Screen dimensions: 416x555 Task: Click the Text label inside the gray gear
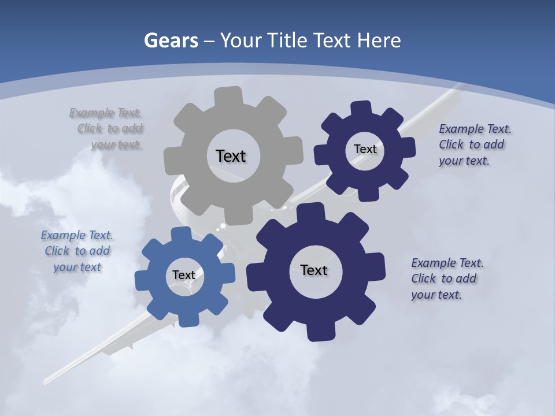(231, 156)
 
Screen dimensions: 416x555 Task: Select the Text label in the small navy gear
(365, 149)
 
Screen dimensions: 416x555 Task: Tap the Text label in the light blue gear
(184, 275)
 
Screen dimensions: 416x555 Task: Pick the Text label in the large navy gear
(314, 270)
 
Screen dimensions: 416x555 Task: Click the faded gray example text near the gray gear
(107, 129)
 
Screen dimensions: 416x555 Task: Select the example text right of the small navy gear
(474, 145)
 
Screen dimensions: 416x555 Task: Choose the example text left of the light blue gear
(77, 251)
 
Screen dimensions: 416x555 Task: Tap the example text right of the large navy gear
(447, 278)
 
